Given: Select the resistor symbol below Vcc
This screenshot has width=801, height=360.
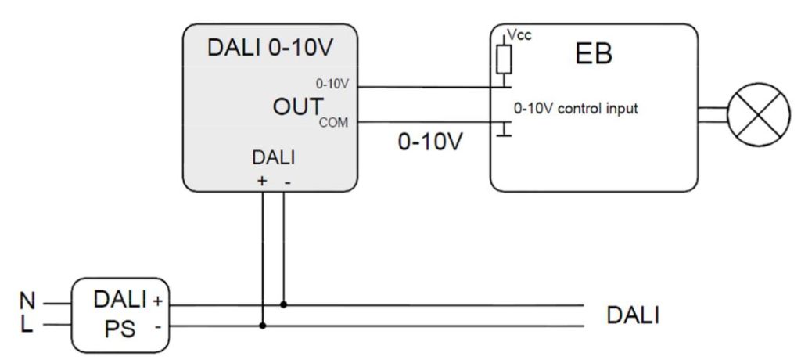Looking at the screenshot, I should (x=505, y=57).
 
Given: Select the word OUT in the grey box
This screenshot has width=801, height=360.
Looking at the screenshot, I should (x=294, y=108).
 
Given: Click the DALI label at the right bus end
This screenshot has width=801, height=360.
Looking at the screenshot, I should (x=633, y=315).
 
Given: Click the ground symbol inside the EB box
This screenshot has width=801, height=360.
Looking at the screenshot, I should (x=505, y=130).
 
